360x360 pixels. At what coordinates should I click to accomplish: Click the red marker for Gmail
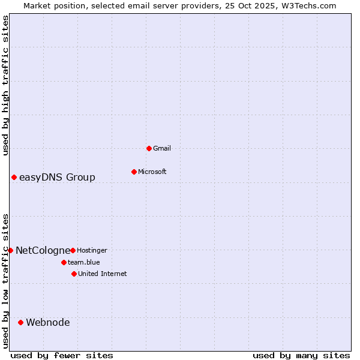point(149,148)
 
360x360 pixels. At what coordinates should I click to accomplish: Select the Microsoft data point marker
point(134,172)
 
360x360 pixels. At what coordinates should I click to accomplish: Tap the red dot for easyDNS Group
point(14,177)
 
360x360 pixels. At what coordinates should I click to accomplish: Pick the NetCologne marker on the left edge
point(10,250)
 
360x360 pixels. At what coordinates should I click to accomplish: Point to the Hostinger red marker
point(73,250)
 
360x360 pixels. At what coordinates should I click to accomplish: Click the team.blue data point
point(64,262)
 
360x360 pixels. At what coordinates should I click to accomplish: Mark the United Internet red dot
point(74,274)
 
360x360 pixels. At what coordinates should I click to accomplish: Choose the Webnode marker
point(20,322)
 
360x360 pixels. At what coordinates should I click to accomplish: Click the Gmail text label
point(162,148)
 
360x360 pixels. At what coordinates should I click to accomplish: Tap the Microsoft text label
point(152,172)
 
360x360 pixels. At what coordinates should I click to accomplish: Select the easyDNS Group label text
point(57,177)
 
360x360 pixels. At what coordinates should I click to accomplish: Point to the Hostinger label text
point(92,250)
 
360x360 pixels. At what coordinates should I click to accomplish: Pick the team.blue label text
point(84,262)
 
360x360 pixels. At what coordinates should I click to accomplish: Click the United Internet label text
point(103,274)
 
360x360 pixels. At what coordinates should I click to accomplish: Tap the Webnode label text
point(48,322)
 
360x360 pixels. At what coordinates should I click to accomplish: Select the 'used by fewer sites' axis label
point(62,355)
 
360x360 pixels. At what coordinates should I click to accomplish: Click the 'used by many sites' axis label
point(301,355)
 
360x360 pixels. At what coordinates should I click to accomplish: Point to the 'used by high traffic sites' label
point(5,85)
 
